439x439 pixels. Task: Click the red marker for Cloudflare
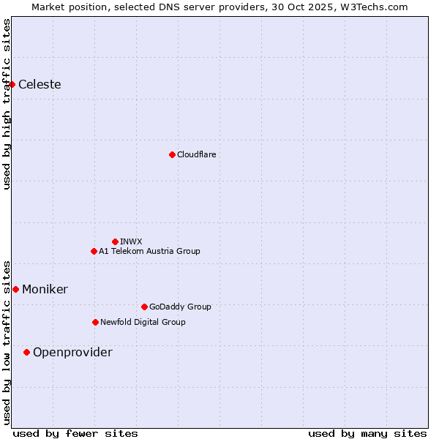[x=172, y=154]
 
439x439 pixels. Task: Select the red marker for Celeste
[x=12, y=84]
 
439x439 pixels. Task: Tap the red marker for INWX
[x=115, y=241]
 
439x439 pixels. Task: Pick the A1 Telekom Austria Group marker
[x=94, y=251]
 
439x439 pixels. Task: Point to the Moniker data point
[x=15, y=289]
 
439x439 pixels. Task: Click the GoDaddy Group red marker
[x=144, y=307]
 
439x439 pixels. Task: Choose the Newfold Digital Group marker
[x=95, y=322]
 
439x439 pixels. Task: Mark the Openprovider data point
[x=26, y=352]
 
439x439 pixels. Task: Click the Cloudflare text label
[x=196, y=154]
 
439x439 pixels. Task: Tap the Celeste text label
[x=40, y=84]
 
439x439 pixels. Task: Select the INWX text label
[x=131, y=241]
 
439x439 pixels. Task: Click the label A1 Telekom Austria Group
[x=149, y=251]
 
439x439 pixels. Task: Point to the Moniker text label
[x=45, y=289]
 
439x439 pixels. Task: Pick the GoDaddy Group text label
[x=180, y=307]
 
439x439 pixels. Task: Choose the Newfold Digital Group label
[x=143, y=322]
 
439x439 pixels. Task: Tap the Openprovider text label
[x=72, y=352]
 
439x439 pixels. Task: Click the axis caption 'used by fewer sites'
[x=75, y=433]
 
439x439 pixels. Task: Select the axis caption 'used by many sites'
[x=367, y=433]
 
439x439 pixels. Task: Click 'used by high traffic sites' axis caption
[x=7, y=104]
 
